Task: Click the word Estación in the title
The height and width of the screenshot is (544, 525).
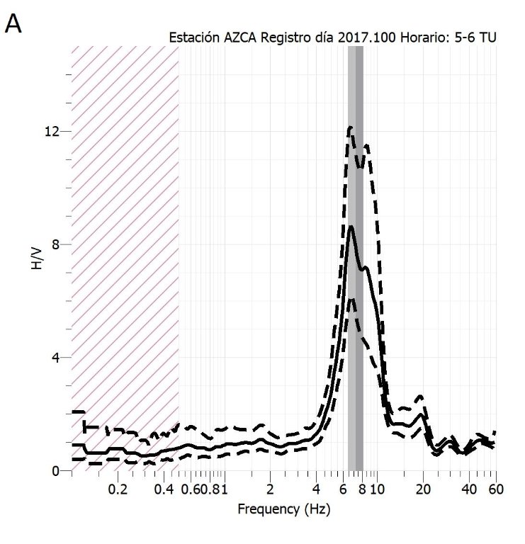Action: pyautogui.click(x=192, y=38)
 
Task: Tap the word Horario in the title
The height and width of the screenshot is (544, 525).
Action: pyautogui.click(x=419, y=38)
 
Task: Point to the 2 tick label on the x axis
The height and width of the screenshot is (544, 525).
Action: pyautogui.click(x=270, y=489)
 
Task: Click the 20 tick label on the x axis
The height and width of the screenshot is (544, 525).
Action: pyautogui.click(x=423, y=489)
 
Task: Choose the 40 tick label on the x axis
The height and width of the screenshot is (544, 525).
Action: pyautogui.click(x=469, y=489)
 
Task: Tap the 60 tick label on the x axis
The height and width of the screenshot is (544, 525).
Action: pyautogui.click(x=496, y=489)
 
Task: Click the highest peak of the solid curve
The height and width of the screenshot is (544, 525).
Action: pyautogui.click(x=351, y=226)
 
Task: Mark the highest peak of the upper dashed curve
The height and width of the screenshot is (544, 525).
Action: pyautogui.click(x=350, y=127)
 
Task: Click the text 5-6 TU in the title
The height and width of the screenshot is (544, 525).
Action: pyautogui.click(x=477, y=38)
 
